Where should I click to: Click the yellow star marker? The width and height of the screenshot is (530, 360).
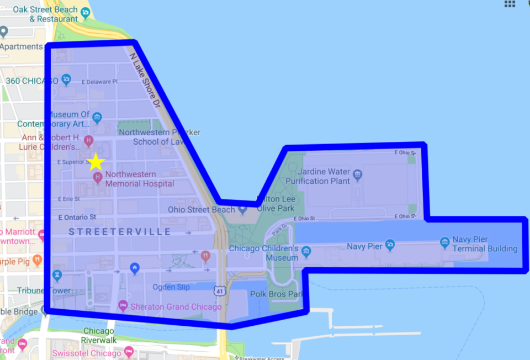point(96,162)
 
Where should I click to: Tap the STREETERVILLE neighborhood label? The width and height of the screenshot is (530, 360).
point(119,232)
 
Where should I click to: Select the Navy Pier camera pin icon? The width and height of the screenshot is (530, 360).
point(390,245)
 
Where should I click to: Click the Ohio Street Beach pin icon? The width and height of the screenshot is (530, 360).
point(242,210)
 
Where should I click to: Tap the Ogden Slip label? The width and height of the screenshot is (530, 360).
point(171,287)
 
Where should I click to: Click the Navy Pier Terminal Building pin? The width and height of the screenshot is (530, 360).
point(445,242)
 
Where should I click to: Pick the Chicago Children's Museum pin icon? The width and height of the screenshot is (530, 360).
point(306,252)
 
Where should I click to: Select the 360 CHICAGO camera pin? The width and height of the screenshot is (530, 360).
point(66,80)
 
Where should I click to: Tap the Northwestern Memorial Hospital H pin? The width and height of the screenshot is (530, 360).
point(98,178)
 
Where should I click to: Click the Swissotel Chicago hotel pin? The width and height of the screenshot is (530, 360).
point(129,352)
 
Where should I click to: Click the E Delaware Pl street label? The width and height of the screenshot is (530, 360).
point(99,82)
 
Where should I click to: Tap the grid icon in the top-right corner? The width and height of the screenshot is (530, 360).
point(510,4)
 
